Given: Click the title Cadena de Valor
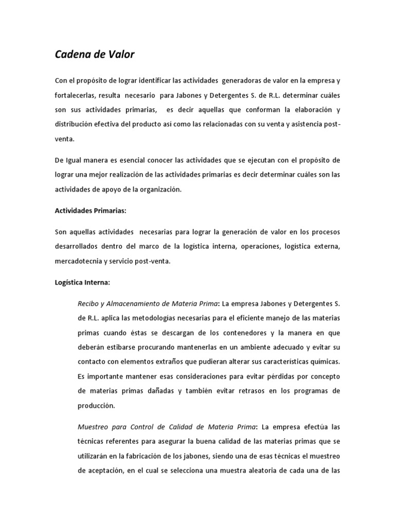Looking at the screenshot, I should [x=94, y=54].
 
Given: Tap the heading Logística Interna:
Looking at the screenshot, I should [x=82, y=282].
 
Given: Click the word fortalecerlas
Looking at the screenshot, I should [x=75, y=96].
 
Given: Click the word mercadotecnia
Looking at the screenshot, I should [x=78, y=260].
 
